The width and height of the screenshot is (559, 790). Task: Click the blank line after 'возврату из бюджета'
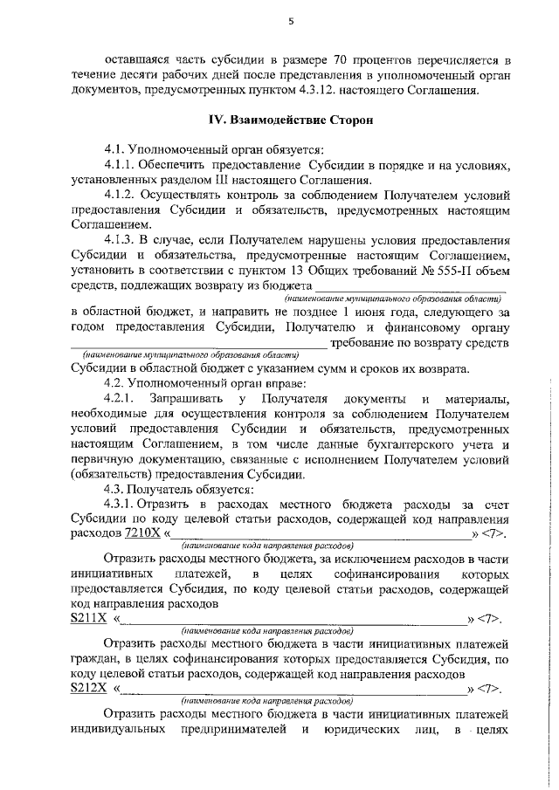[411, 285]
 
